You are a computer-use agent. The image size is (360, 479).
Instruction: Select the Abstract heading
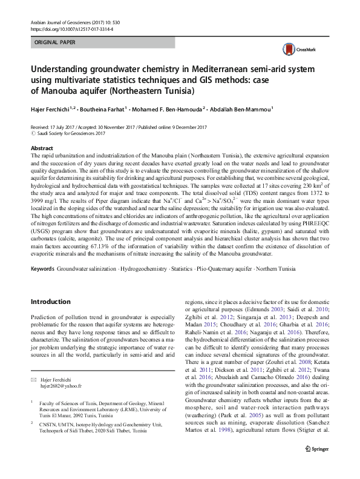[x=41, y=148]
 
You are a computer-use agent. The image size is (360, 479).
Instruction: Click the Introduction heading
[x=50, y=301]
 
